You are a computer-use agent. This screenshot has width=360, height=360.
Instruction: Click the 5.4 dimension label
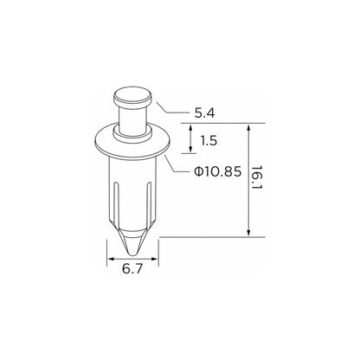tap(204, 113)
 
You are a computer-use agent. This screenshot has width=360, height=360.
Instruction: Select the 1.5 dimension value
tap(209, 141)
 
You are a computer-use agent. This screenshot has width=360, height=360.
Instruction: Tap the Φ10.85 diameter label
tap(218, 172)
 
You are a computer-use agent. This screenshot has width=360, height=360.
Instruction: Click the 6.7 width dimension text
tap(132, 269)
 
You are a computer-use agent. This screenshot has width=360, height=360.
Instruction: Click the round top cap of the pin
tap(132, 98)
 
